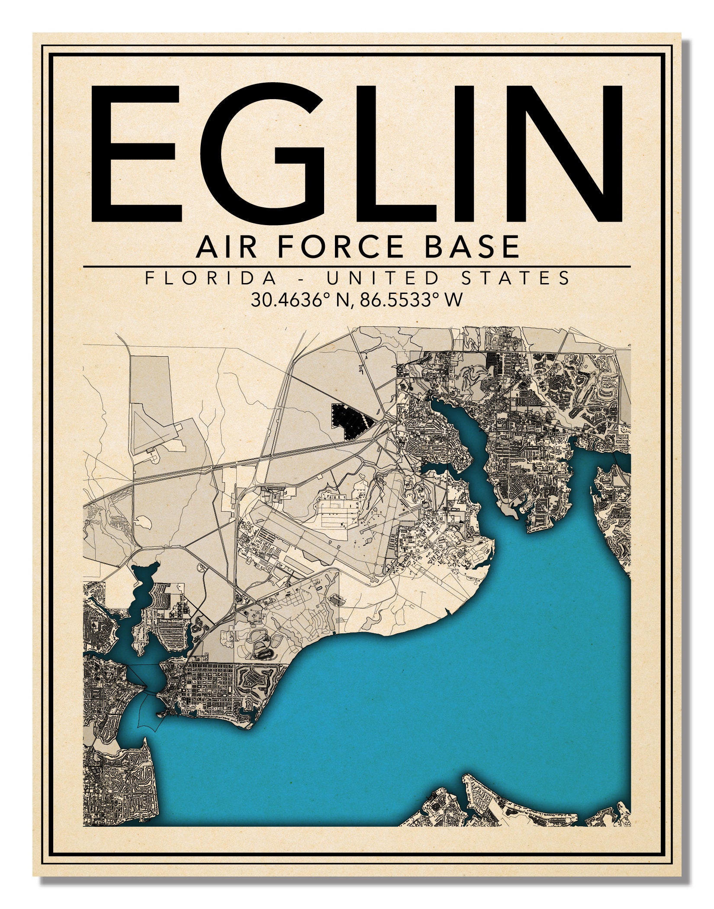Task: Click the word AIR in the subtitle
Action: click(x=225, y=247)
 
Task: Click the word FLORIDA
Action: click(x=211, y=278)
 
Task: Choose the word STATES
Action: click(x=516, y=278)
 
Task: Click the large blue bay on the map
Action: click(x=433, y=693)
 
